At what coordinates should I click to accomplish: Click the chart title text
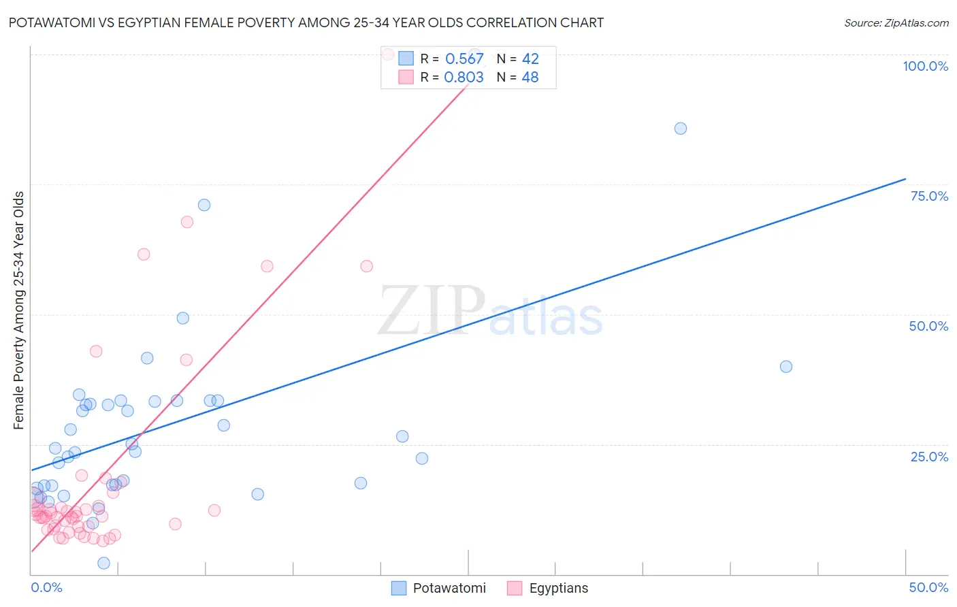click(x=306, y=22)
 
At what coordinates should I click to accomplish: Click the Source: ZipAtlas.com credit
click(x=896, y=22)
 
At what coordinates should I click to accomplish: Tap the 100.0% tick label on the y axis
click(x=925, y=66)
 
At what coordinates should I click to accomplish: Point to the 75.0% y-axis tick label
click(x=929, y=196)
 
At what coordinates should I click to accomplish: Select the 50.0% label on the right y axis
click(x=928, y=326)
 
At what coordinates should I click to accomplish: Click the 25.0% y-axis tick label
click(x=929, y=457)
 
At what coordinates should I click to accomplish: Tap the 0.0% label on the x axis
click(x=47, y=587)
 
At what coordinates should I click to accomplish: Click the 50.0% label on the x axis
click(x=928, y=587)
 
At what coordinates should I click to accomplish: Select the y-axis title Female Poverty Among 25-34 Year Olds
click(x=19, y=310)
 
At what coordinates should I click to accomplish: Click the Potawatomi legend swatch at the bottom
click(x=399, y=588)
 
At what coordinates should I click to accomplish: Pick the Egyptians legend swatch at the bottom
click(x=515, y=588)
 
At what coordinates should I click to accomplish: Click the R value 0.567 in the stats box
click(x=464, y=59)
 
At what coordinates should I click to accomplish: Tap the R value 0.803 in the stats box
click(x=464, y=78)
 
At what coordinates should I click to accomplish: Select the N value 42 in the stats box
click(x=530, y=59)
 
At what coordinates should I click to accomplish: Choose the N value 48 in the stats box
click(x=530, y=78)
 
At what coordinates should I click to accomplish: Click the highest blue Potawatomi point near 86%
click(x=681, y=129)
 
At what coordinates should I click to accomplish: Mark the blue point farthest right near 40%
click(x=786, y=367)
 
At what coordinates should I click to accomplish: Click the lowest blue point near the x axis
click(x=103, y=563)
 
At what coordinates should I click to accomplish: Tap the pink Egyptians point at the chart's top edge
click(x=388, y=54)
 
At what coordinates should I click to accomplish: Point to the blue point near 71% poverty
click(x=204, y=205)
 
